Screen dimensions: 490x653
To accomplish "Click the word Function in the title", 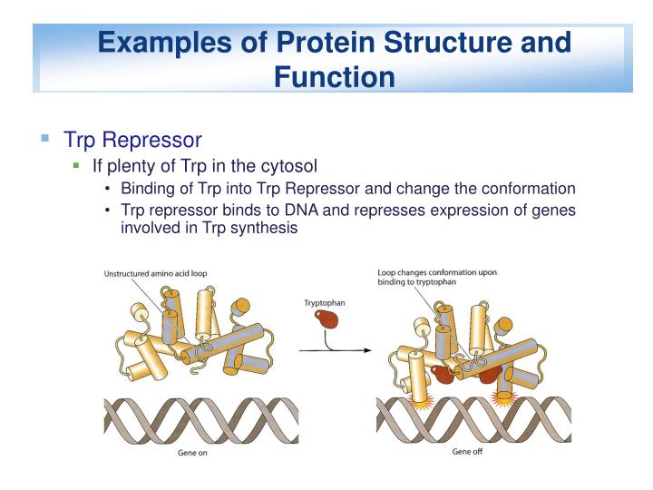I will pos(335,76).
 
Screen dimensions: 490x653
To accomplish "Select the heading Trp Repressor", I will pos(132,140).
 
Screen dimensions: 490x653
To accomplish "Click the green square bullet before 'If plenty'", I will pos(77,166).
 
